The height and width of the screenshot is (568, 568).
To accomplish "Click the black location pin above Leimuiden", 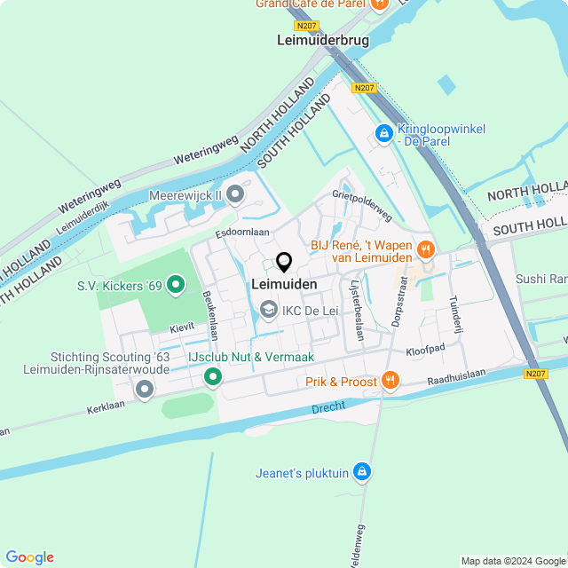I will [x=284, y=263].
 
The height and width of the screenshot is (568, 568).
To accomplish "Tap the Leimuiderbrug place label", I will [x=323, y=40].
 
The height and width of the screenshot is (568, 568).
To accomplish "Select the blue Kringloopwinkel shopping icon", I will [x=383, y=134].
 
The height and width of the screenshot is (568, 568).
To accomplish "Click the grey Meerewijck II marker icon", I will [x=235, y=193].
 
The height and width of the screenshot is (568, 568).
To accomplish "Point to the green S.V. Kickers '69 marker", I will [x=176, y=285].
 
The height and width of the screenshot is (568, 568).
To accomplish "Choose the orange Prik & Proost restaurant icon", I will [x=390, y=382].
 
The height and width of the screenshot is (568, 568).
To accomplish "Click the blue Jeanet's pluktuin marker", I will [x=361, y=472].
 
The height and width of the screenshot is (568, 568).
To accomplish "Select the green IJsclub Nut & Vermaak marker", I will [x=213, y=378].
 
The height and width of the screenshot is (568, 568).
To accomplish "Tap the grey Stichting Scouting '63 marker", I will [x=144, y=389].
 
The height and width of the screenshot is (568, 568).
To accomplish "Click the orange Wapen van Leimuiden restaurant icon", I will [x=426, y=249].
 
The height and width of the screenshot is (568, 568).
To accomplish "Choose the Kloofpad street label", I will [x=425, y=350].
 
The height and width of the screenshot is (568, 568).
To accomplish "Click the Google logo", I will [x=29, y=557].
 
